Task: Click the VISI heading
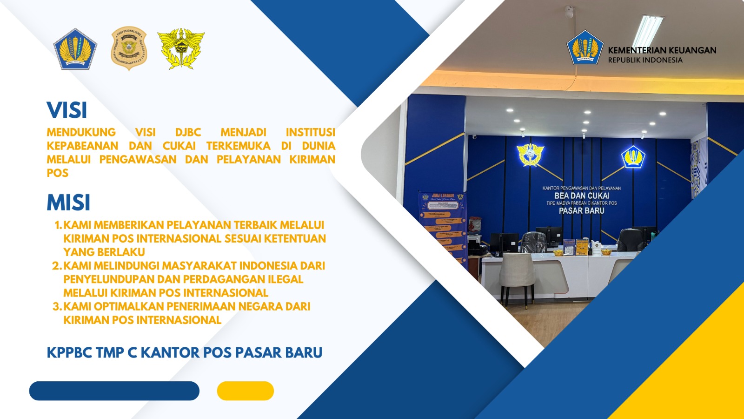click(67, 110)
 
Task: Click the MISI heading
click(68, 203)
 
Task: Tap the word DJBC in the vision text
click(188, 133)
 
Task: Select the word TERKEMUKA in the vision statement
click(238, 146)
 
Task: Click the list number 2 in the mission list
click(56, 266)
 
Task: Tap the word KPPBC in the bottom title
click(69, 353)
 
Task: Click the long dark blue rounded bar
click(114, 391)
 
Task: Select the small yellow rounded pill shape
click(245, 391)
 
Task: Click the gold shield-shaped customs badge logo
click(129, 48)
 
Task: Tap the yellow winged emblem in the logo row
click(181, 48)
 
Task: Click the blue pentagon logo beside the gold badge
click(75, 49)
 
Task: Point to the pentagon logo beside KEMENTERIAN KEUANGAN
click(585, 48)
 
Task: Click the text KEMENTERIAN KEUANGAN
click(662, 50)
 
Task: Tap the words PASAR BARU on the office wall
click(581, 211)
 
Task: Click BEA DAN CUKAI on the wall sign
click(582, 196)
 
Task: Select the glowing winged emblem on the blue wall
click(530, 155)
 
